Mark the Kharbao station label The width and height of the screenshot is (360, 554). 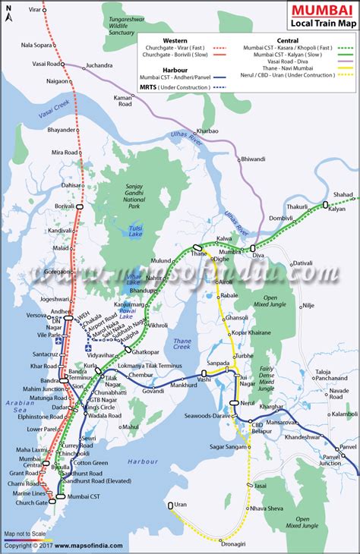[207, 131]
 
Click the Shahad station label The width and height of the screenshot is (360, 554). [343, 194]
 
